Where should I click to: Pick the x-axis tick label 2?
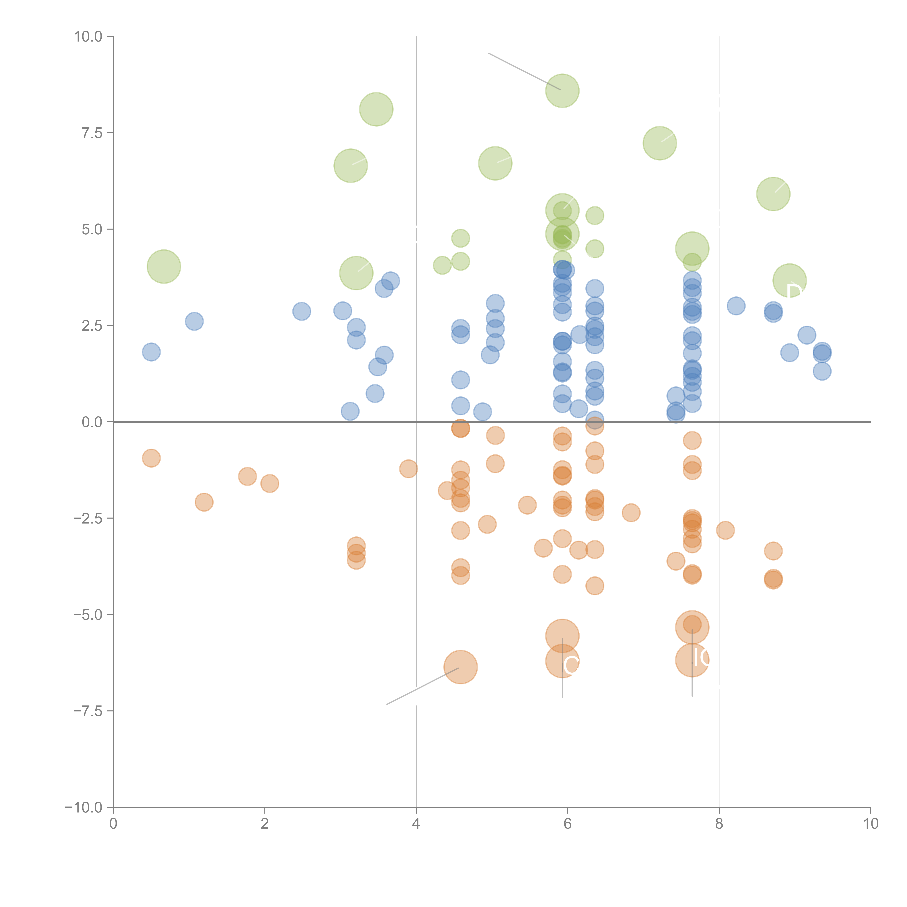pos(265,824)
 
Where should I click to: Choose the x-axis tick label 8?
pos(719,824)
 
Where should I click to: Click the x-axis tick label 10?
pos(870,824)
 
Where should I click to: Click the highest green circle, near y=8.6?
pos(562,91)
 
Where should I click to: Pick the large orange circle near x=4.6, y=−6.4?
pos(461,667)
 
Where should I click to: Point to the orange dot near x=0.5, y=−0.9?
pos(151,458)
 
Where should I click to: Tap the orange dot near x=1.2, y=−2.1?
pos(204,502)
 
